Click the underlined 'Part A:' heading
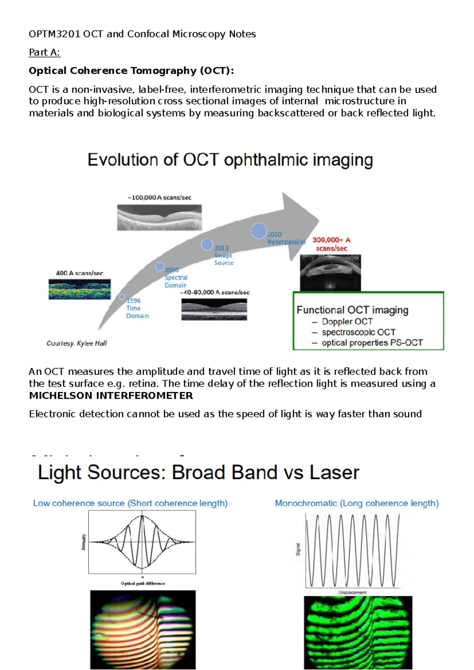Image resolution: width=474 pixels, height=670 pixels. [44, 53]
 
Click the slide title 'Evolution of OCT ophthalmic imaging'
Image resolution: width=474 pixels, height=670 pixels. [230, 160]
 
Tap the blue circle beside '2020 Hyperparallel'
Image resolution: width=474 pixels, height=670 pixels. [259, 231]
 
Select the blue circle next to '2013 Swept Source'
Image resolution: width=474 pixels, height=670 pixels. [207, 245]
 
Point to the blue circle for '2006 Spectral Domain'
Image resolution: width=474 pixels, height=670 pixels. [160, 266]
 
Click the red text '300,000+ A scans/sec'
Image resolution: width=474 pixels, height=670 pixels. [331, 244]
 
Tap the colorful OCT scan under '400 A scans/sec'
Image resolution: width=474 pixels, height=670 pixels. [79, 289]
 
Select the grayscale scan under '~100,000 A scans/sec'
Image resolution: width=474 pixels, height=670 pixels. [159, 217]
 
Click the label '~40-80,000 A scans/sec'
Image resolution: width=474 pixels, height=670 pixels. [214, 293]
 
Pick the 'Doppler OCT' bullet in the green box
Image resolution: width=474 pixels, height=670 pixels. [347, 322]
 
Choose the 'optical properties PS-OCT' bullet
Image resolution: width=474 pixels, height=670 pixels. [372, 343]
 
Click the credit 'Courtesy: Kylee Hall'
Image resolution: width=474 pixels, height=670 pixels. [77, 343]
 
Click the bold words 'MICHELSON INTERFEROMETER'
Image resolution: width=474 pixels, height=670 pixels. [111, 396]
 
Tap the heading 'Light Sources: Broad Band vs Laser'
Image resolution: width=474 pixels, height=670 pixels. [198, 473]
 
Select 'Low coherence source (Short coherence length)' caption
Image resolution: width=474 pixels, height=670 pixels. [130, 503]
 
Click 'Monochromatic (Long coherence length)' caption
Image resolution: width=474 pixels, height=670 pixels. [357, 503]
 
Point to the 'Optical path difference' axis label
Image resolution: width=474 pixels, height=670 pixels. [143, 583]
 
